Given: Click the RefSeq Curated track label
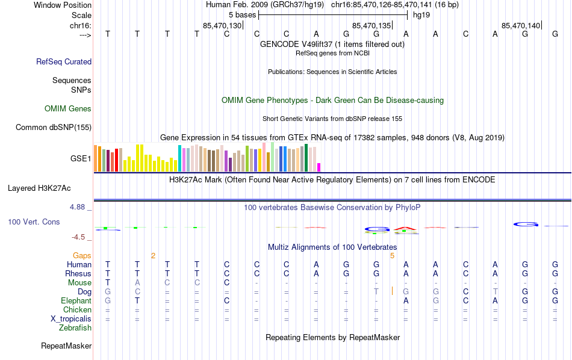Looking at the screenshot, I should (64, 61).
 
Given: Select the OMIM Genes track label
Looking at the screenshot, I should (68, 109).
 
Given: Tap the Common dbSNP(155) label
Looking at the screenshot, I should (54, 127).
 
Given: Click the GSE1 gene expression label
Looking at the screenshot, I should (81, 159).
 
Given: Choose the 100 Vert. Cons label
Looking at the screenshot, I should (34, 222).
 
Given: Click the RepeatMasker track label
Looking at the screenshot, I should (66, 346).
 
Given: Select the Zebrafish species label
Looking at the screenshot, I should (75, 328).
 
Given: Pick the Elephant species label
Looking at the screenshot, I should (76, 301).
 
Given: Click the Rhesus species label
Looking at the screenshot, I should (78, 274).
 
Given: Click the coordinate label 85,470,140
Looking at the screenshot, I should (521, 25).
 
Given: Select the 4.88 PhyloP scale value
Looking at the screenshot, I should (78, 207).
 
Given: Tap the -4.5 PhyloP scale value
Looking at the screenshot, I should (80, 238).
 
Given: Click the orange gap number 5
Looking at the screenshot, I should (392, 256).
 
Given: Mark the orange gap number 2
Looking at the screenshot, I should (153, 256).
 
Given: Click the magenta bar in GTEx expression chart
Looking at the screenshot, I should (319, 167).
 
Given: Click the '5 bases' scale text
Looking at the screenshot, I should (242, 14).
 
